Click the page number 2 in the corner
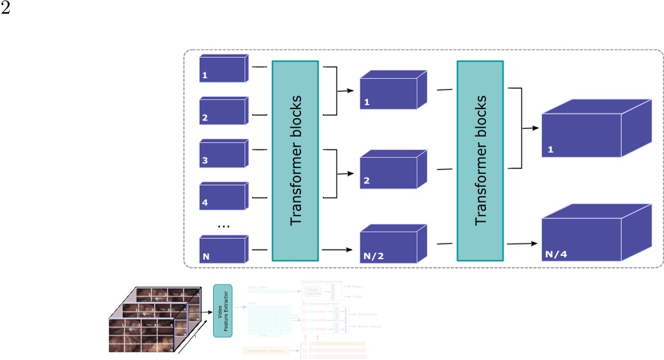(5, 8)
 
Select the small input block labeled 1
(222, 69)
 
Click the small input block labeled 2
(222, 111)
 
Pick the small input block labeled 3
(222, 154)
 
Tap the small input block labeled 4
(222, 196)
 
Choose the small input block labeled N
(222, 249)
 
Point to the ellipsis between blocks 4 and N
(223, 225)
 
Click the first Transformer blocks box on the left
(295, 160)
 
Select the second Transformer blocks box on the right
(480, 160)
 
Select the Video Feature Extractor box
(222, 311)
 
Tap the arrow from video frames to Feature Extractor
(204, 311)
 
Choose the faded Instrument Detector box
(270, 350)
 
